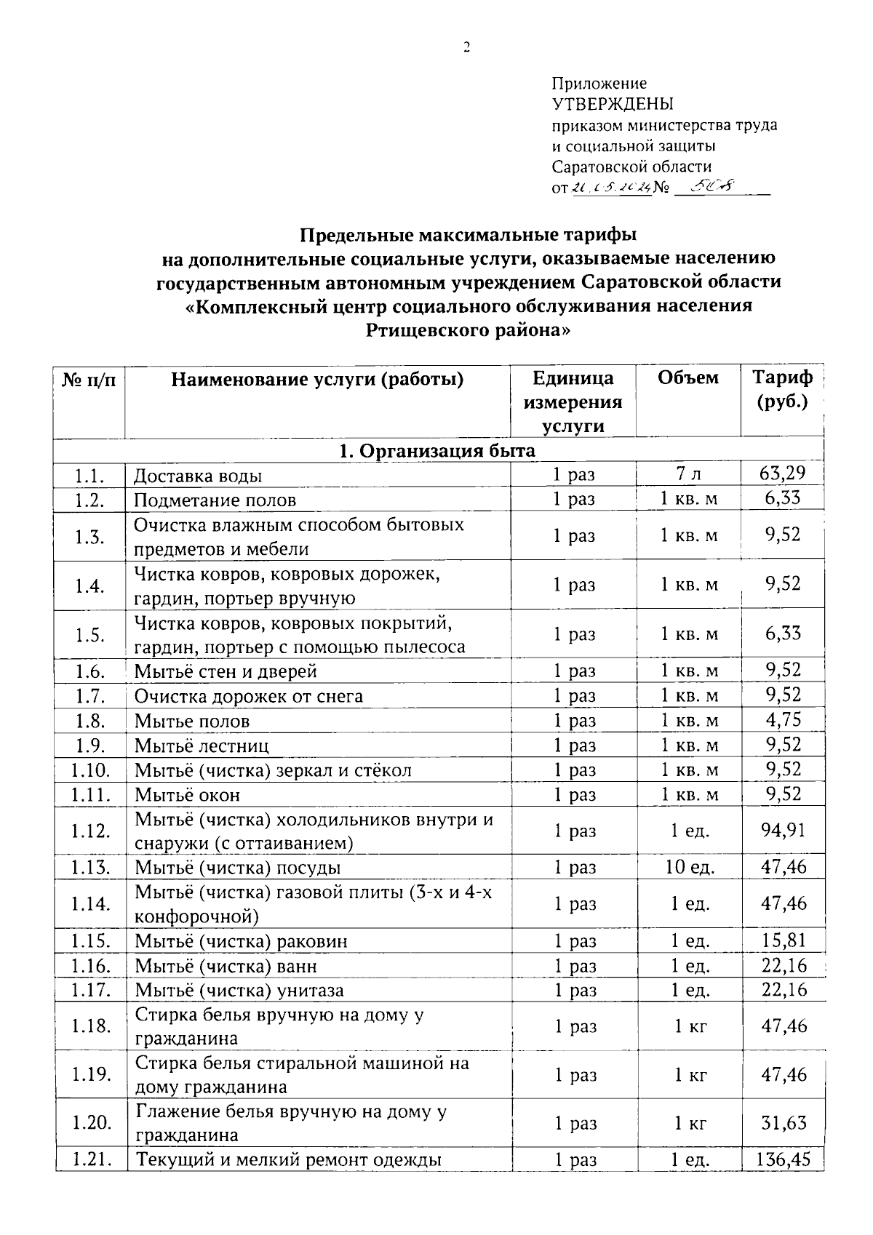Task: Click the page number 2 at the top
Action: [466, 48]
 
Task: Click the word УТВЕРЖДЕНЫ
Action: [613, 104]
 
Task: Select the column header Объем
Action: [687, 378]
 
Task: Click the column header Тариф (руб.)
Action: [782, 390]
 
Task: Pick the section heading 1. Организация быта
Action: [437, 450]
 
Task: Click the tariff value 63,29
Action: [782, 473]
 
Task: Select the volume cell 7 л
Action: [688, 474]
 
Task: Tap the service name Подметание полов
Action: [215, 500]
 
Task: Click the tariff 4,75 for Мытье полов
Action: [783, 720]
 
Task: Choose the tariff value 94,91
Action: [783, 830]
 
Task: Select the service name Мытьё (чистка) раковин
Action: [241, 941]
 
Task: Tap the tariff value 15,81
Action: [783, 940]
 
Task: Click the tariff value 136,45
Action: [783, 1159]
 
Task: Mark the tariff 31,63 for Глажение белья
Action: [784, 1123]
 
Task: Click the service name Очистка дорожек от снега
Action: [248, 696]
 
